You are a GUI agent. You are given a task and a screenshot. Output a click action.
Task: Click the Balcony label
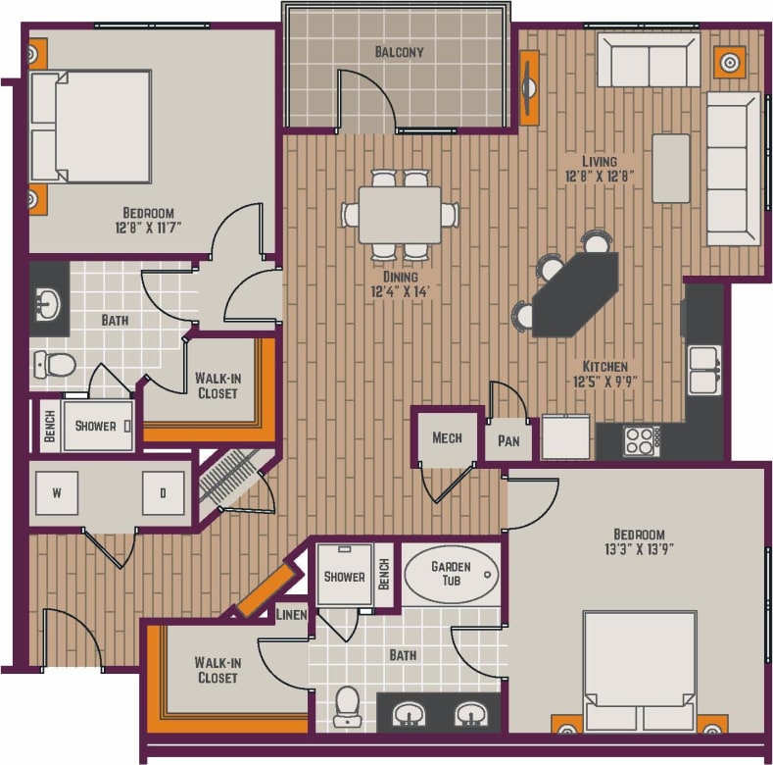(399, 51)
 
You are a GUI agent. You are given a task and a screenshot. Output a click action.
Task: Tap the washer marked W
(57, 493)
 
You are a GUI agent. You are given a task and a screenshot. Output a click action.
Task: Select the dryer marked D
(163, 493)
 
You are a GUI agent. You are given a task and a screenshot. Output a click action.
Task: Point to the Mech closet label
(447, 437)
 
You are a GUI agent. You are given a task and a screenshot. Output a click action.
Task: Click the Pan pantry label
(508, 441)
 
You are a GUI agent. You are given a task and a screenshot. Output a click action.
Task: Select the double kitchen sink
(703, 370)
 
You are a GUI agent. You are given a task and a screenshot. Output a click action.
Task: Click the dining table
(399, 215)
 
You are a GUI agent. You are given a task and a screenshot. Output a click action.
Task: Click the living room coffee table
(670, 168)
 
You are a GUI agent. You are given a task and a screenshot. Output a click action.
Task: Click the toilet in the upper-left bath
(54, 365)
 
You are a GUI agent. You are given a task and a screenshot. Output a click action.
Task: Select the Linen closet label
(292, 615)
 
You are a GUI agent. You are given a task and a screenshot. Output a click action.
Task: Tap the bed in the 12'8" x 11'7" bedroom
(91, 127)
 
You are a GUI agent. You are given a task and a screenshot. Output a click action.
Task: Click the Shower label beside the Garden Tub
(344, 577)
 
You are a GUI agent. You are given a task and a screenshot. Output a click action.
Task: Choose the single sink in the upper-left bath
(46, 306)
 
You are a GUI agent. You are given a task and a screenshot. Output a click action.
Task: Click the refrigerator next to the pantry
(567, 436)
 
